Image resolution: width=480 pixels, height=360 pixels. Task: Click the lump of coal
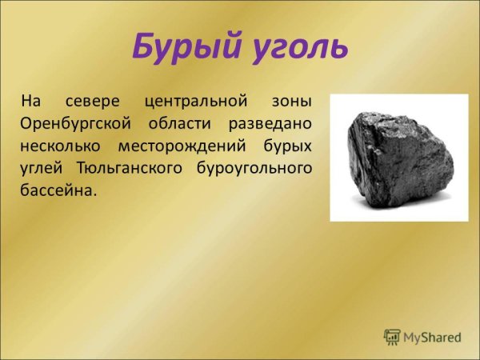[396, 152]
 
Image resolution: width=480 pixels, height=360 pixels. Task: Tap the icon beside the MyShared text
[391, 336]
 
